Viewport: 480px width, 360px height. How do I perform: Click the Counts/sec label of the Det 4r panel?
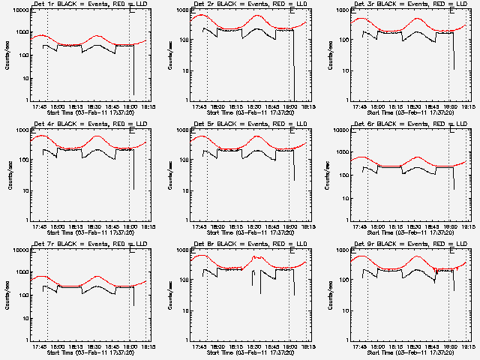pos(10,174)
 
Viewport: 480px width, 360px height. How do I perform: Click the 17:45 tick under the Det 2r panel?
pos(199,106)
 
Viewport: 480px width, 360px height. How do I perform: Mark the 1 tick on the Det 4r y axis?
pos(26,220)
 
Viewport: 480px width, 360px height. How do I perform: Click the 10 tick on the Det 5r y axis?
pos(184,190)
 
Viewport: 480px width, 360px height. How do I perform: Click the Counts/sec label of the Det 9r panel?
pos(331,294)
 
